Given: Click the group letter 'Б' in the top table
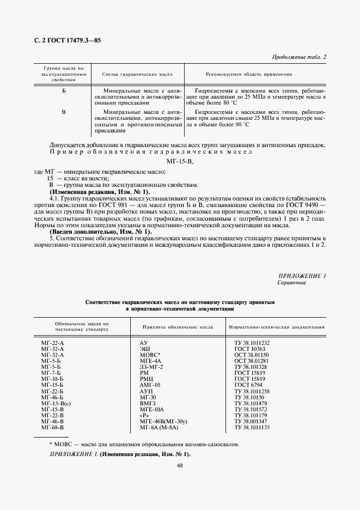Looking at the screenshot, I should (x=64, y=89).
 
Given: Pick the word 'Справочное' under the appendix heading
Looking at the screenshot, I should (x=292, y=283).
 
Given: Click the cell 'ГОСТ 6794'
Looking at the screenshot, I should (x=248, y=384).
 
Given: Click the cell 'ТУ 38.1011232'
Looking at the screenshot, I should (x=252, y=342).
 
